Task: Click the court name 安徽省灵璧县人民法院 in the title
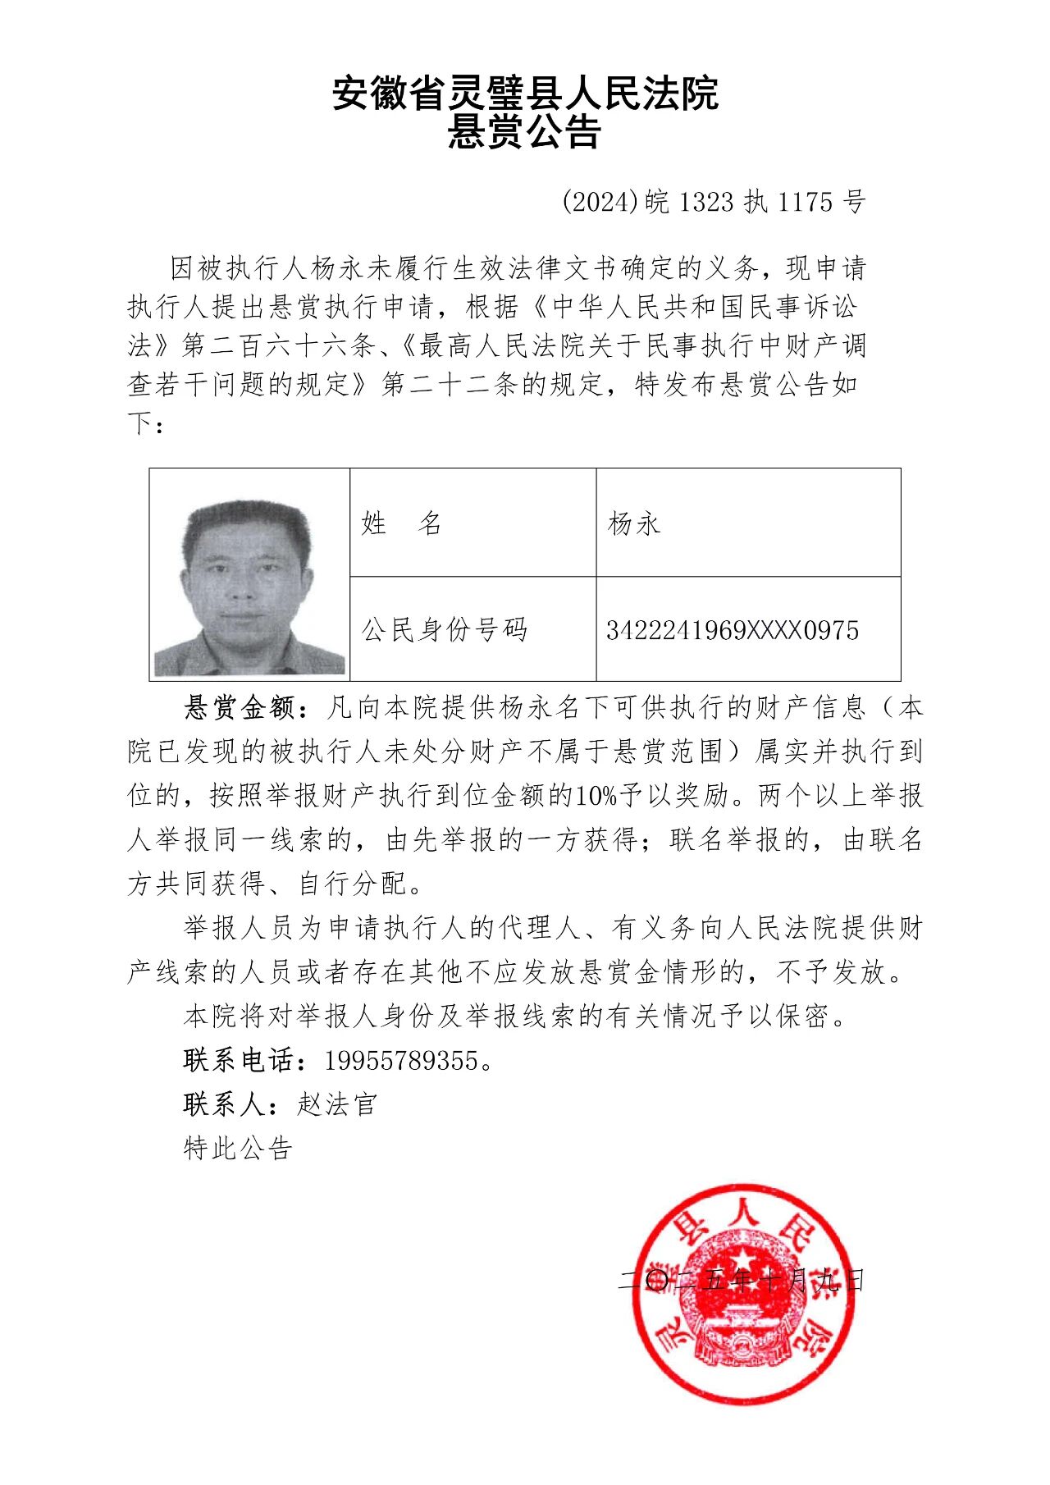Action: [x=525, y=93]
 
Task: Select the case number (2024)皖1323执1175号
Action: [x=714, y=202]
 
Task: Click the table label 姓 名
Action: [x=401, y=523]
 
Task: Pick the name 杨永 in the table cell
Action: [x=633, y=523]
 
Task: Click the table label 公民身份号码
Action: [x=445, y=630]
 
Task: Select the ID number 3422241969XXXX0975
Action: [x=733, y=630]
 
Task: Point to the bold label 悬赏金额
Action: [x=239, y=707]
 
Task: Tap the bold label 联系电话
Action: [x=239, y=1060]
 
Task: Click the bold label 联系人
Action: [x=225, y=1104]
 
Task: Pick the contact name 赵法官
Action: [x=337, y=1104]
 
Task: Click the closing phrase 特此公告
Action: [x=238, y=1148]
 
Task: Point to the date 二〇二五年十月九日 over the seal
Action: [x=742, y=1280]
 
